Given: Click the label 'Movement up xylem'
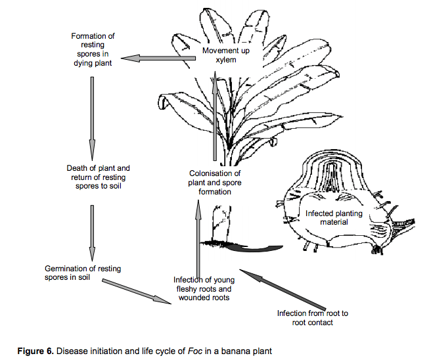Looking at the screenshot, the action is [x=225, y=55].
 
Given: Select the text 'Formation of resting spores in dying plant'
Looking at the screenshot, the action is [x=93, y=49].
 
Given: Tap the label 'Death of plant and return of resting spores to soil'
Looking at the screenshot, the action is [x=98, y=177].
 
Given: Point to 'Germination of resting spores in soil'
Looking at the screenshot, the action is [x=83, y=273].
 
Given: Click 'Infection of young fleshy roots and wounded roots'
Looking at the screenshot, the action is [x=204, y=288].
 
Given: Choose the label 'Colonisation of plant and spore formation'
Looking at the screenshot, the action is [x=215, y=183].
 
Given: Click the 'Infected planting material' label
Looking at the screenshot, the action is [x=334, y=217].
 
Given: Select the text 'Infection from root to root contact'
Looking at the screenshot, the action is [x=313, y=318].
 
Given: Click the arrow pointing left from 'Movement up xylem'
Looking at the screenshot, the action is [x=158, y=58].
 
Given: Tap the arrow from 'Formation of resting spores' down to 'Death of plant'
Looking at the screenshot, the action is [x=92, y=118].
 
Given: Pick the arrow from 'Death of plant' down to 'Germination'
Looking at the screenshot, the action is [x=92, y=233].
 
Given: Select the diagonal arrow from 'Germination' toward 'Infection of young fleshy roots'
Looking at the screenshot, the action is [x=137, y=292].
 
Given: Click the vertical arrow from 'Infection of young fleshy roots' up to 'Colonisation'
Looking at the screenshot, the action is [x=198, y=238].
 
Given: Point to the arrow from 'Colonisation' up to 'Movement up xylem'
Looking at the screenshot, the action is [x=215, y=116].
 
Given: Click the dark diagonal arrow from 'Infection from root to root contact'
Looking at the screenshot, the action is [x=283, y=290].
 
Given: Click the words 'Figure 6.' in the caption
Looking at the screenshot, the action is [x=35, y=351].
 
